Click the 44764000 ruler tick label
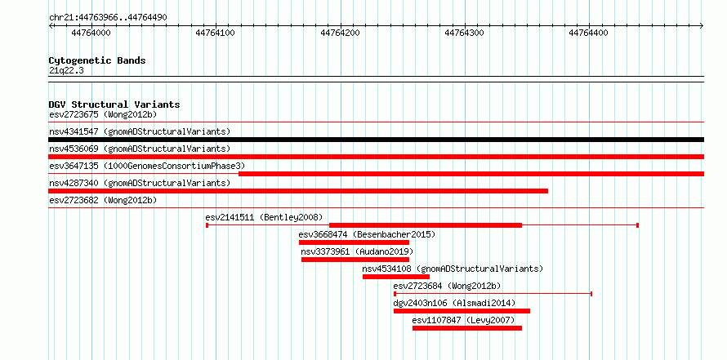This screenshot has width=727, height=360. coord(91,33)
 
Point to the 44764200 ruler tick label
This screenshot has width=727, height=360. coord(341,33)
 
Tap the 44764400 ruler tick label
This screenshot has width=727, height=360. coord(589,33)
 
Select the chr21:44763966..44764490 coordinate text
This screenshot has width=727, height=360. coord(108,17)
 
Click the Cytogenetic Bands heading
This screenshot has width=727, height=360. coord(97,60)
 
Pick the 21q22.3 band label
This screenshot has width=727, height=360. coord(66,70)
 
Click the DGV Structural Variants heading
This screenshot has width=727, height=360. coord(114,104)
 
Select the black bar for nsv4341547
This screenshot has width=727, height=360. coord(376,140)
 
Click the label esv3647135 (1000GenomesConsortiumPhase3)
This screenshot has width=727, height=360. coord(147,166)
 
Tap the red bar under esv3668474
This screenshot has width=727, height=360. coord(354,242)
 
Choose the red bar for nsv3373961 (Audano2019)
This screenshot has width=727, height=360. coord(355,260)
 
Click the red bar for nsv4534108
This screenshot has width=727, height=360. coord(396,277)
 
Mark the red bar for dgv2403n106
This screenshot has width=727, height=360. coord(462,311)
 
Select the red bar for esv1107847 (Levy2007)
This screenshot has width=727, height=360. coord(467,328)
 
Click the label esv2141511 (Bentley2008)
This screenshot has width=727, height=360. coord(264,217)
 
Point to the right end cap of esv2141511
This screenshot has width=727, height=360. coord(637,225)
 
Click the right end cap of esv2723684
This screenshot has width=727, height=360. coord(591,294)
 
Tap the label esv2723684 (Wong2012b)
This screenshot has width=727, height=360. coord(447,286)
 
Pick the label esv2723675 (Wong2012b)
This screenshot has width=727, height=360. coord(103,114)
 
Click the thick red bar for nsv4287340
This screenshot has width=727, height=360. coord(298,191)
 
